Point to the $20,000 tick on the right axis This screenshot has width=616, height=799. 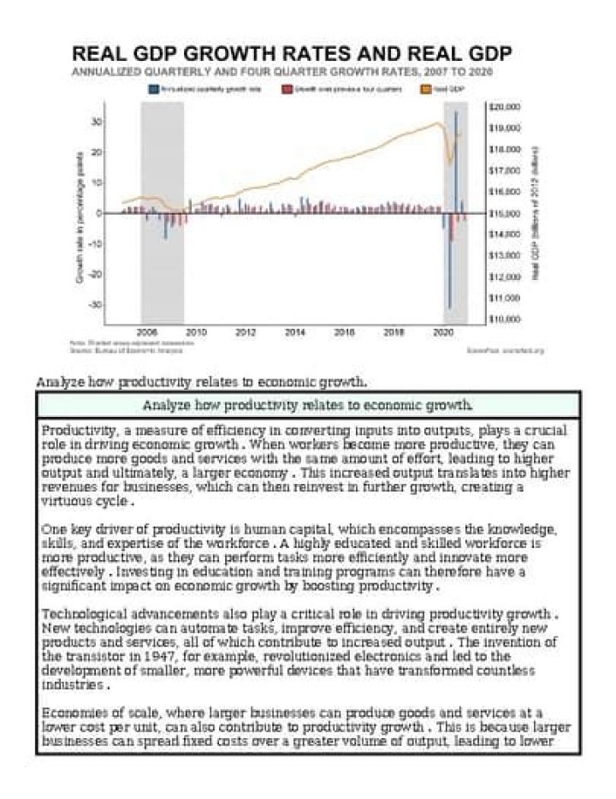503,108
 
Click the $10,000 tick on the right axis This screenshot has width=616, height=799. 503,319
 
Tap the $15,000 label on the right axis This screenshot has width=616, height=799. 503,213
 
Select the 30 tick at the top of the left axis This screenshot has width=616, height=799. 97,122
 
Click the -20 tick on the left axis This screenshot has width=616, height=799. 96,274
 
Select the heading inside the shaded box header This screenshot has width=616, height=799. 308,405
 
